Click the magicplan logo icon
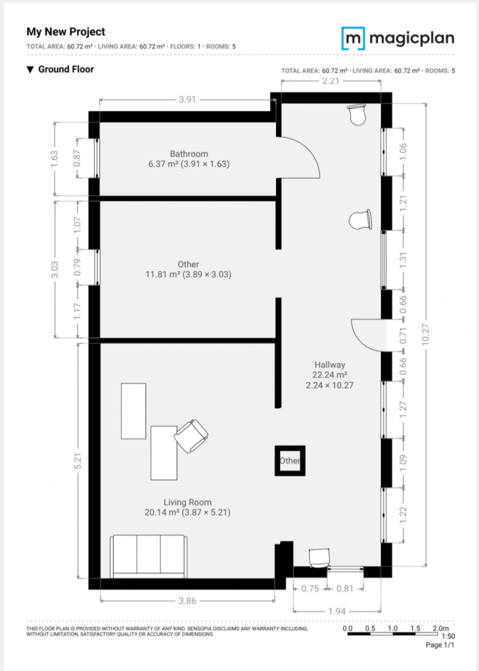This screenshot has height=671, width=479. [x=353, y=38]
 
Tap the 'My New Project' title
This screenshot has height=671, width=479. [x=66, y=32]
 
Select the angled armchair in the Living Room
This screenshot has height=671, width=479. [x=191, y=436]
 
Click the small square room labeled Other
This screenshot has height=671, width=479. [x=290, y=460]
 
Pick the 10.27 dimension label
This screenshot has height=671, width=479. [x=426, y=334]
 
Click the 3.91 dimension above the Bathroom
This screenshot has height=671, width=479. [x=187, y=100]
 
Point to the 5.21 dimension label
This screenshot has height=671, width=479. [x=78, y=461]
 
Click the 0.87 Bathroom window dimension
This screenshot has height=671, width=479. [x=77, y=158]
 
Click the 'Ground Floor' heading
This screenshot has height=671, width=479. [x=66, y=69]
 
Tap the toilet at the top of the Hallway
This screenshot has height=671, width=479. [x=357, y=115]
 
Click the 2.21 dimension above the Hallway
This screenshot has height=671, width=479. [x=331, y=81]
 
